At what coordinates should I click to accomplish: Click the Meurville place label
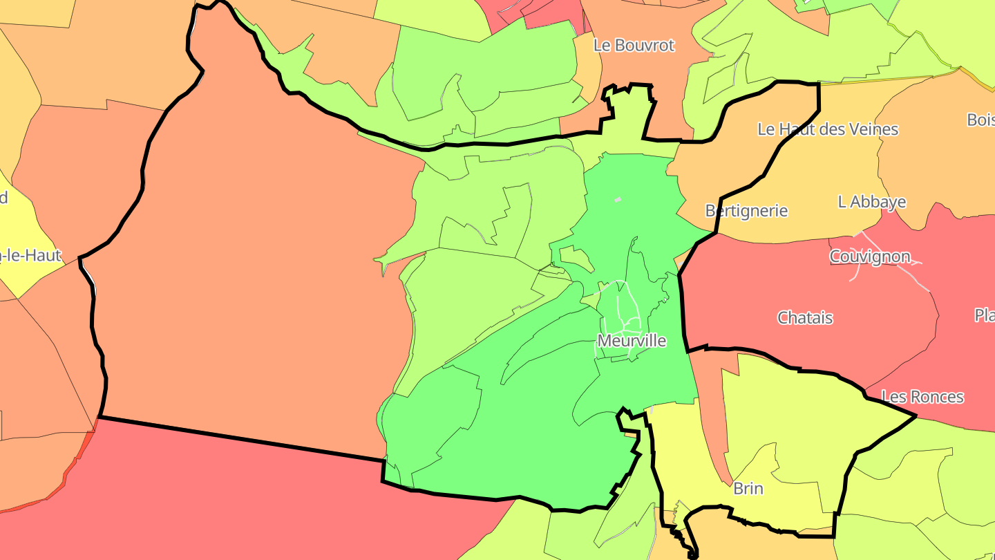(x=632, y=341)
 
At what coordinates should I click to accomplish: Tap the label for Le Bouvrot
(x=634, y=46)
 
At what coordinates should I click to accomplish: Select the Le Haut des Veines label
(x=828, y=129)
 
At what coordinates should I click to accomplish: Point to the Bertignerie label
(x=746, y=211)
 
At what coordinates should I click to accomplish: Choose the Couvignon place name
(x=870, y=256)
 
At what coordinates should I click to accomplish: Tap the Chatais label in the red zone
(x=805, y=318)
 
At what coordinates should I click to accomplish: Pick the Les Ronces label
(x=922, y=397)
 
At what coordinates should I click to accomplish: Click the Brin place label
(x=748, y=489)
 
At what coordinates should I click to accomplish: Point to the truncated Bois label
(x=980, y=120)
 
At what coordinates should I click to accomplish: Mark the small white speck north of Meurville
(x=618, y=200)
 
